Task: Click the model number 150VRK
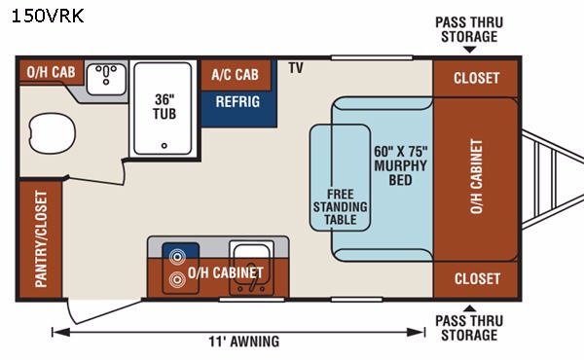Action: tap(48, 17)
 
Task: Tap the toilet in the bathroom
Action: tap(52, 133)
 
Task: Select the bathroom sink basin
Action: tap(106, 79)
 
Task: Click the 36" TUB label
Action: tap(164, 106)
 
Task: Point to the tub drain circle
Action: tap(164, 146)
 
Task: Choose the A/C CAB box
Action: tap(236, 75)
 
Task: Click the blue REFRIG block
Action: tap(238, 108)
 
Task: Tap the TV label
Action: tap(296, 68)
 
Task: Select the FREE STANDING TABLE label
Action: tap(340, 206)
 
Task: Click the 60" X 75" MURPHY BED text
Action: tap(401, 165)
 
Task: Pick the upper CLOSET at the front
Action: tap(476, 78)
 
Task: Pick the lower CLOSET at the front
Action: tap(476, 279)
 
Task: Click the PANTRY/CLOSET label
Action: tap(41, 239)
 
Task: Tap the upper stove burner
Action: tap(177, 257)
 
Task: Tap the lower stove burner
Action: tap(177, 279)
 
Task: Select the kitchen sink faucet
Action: tap(252, 280)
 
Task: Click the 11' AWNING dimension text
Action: tap(244, 342)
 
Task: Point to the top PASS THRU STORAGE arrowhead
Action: tap(470, 50)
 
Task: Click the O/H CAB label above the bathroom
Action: tap(51, 72)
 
